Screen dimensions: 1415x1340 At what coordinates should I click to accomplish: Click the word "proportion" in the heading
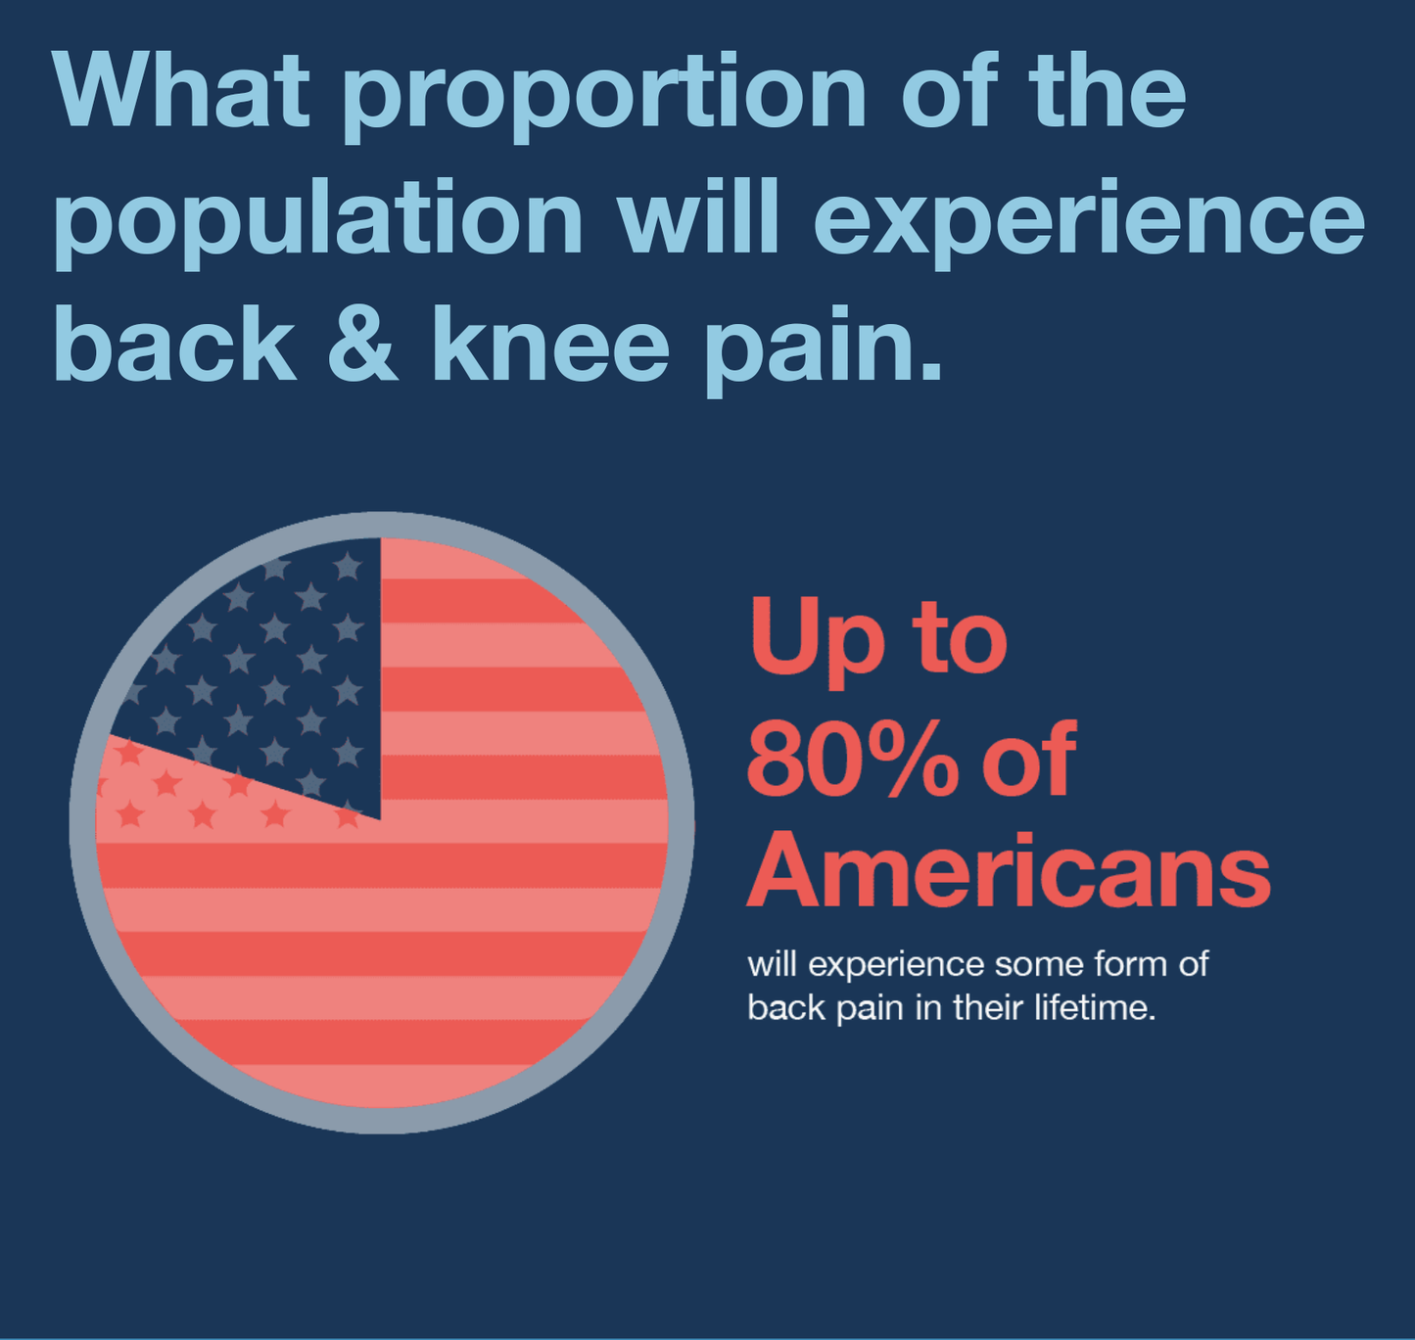(x=605, y=96)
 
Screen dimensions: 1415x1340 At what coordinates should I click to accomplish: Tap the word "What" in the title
(x=180, y=90)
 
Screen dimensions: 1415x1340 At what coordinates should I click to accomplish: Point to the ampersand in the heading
(x=362, y=344)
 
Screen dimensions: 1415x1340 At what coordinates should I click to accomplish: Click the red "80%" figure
(x=853, y=759)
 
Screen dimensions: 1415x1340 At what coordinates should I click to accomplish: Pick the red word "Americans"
(x=1009, y=870)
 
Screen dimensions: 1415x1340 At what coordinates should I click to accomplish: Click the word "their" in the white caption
(x=989, y=1007)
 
